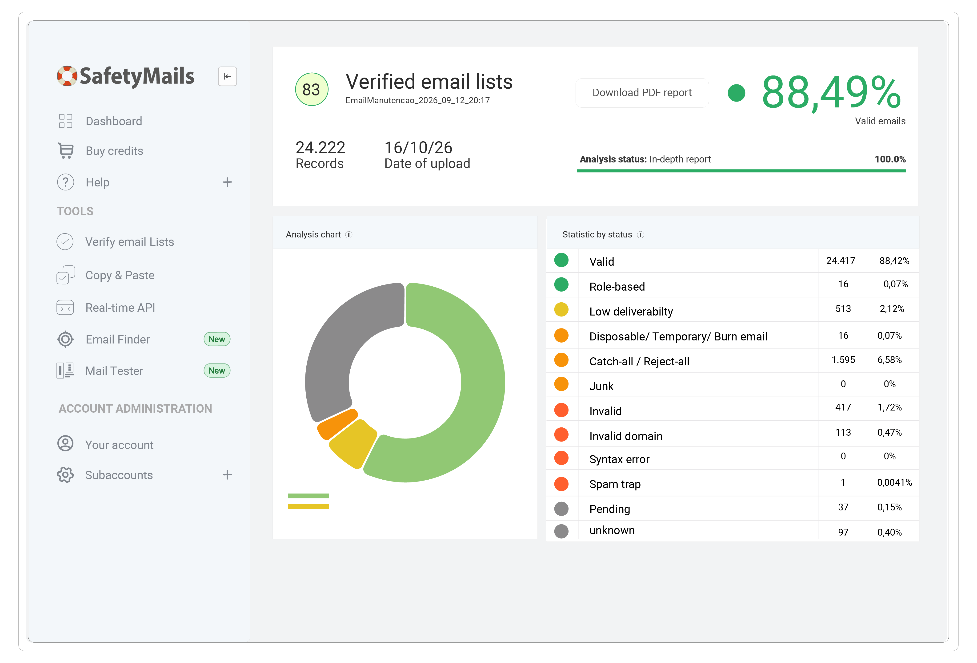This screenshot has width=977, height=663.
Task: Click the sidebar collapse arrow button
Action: pyautogui.click(x=228, y=76)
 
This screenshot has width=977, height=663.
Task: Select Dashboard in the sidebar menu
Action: pyautogui.click(x=113, y=121)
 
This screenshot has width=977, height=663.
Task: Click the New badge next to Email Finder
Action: pyautogui.click(x=217, y=339)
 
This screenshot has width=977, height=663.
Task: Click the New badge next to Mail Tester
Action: pyautogui.click(x=217, y=371)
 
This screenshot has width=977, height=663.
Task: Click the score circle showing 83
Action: pyautogui.click(x=312, y=90)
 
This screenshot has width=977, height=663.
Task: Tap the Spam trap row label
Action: pyautogui.click(x=615, y=484)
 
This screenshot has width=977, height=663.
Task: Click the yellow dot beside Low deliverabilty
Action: pyautogui.click(x=561, y=310)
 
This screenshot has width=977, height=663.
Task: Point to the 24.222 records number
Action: pyautogui.click(x=320, y=147)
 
